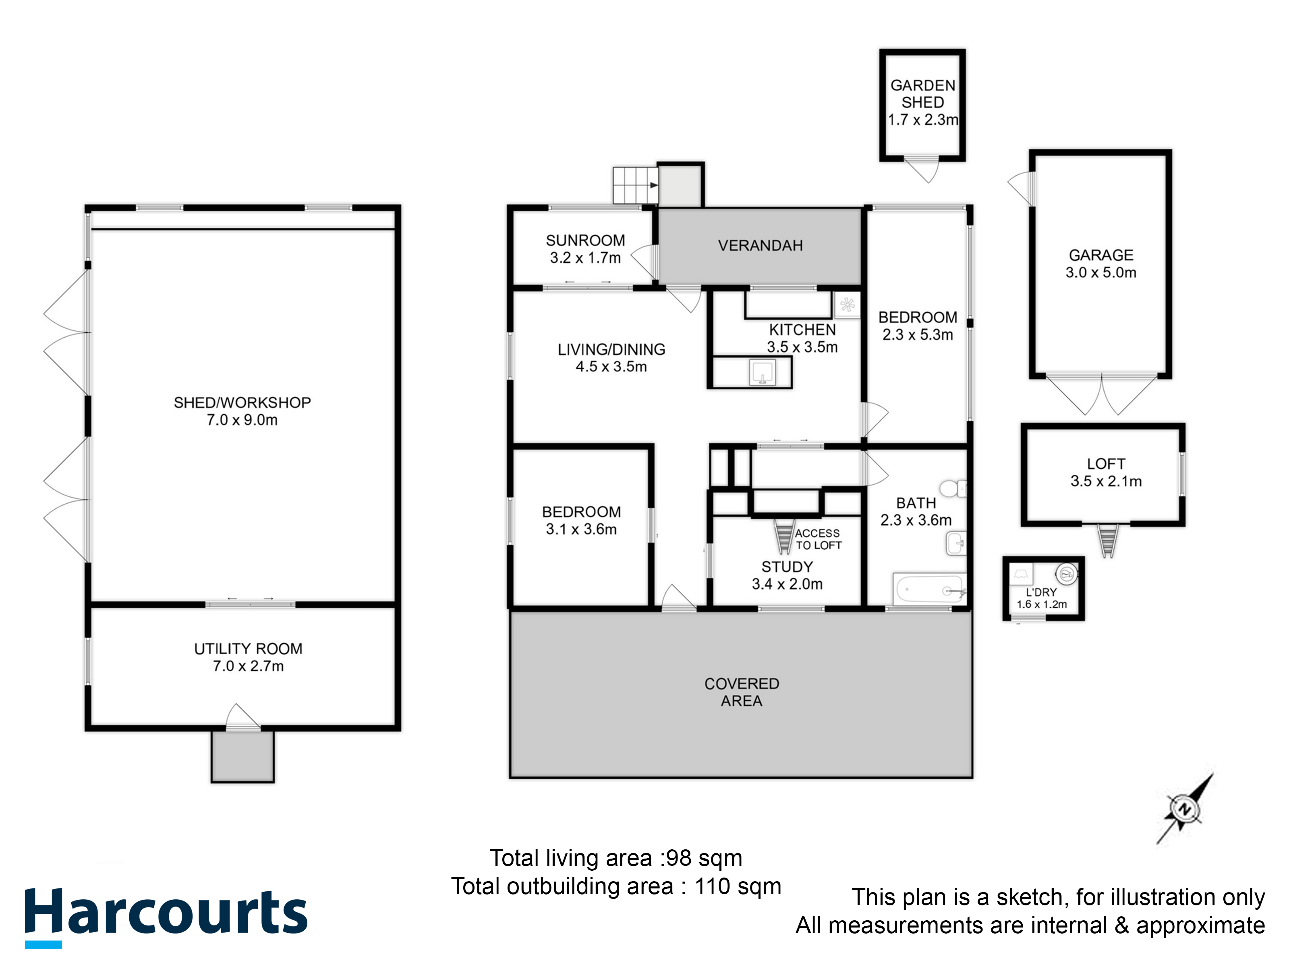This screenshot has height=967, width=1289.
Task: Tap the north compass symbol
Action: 1184,809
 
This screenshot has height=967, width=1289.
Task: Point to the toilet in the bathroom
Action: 953,488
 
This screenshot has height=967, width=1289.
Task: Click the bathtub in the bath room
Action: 929,590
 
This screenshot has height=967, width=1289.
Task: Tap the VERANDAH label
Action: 760,246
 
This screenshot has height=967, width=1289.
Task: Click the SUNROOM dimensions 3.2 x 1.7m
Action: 585,257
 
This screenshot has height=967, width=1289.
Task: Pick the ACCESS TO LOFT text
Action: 818,539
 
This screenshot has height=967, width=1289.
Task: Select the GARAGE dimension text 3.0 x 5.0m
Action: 1101,272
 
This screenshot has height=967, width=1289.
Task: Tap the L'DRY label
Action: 1041,591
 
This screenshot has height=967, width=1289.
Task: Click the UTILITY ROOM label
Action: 248,649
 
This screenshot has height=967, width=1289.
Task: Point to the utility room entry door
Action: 243,718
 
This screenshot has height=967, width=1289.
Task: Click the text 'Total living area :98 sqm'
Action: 616,858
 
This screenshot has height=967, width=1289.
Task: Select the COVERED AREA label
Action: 741,692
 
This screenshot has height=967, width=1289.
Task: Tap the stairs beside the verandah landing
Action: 635,185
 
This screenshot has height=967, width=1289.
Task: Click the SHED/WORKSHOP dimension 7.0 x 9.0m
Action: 242,420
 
